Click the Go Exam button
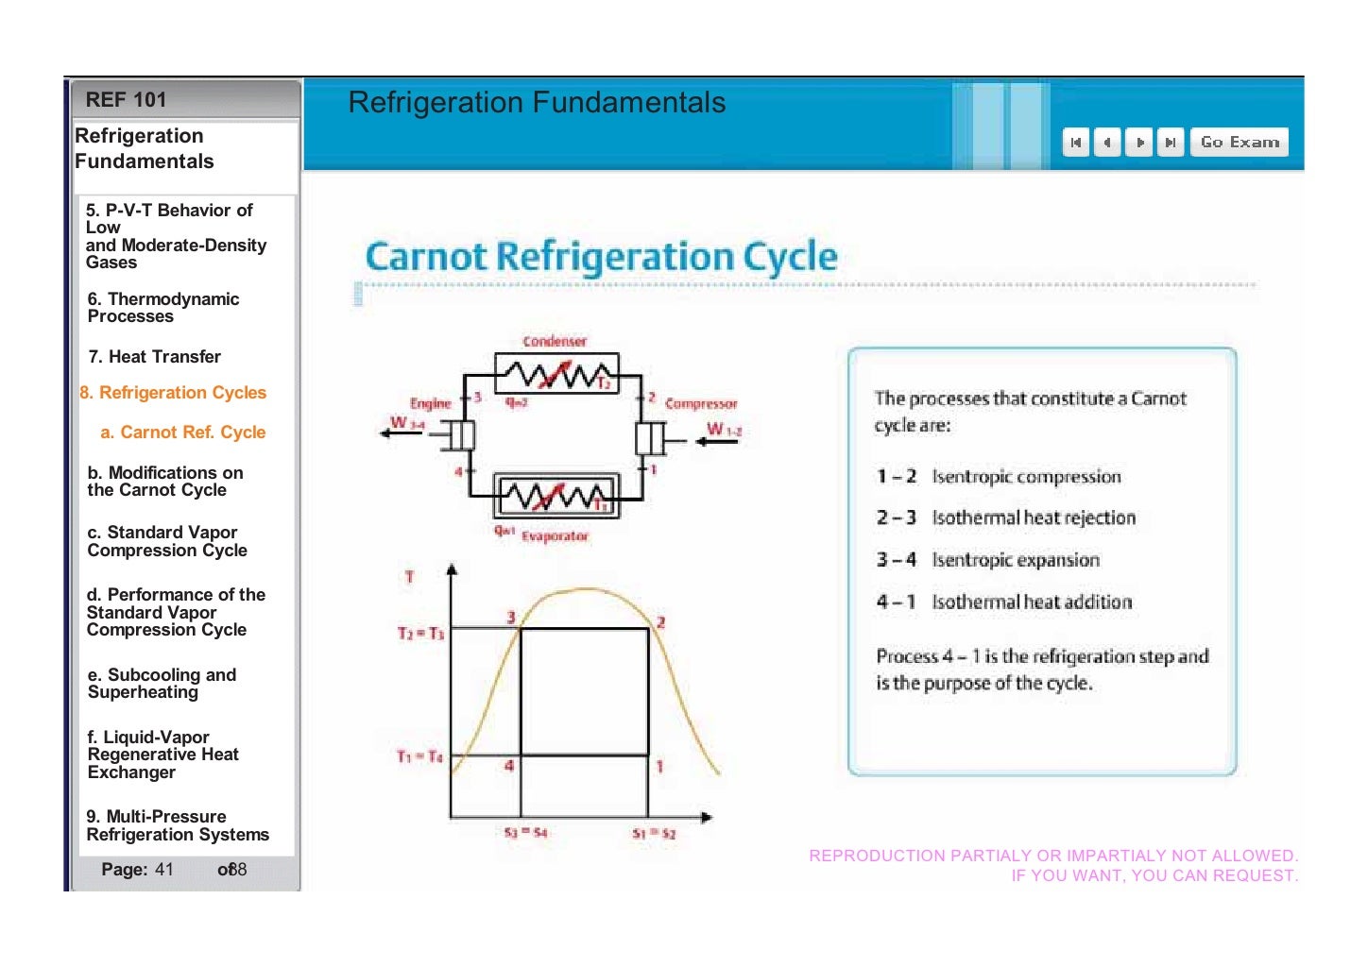point(1239,143)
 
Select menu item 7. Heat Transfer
point(154,357)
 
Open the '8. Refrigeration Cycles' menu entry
point(173,393)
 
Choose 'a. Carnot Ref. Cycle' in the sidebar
point(183,433)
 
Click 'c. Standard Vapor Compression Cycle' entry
point(167,541)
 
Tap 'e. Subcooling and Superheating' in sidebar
point(162,684)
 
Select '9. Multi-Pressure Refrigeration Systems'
point(178,825)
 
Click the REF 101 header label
point(126,100)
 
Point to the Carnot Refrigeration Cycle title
point(601,257)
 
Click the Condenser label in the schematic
point(555,341)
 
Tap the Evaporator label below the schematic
point(555,536)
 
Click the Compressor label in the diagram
point(700,403)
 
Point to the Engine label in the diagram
point(430,403)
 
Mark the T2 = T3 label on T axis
point(420,633)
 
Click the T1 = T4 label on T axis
point(419,756)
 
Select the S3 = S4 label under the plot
point(525,833)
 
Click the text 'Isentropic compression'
point(1026,477)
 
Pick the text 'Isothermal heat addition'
point(1032,602)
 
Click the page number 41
point(164,870)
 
